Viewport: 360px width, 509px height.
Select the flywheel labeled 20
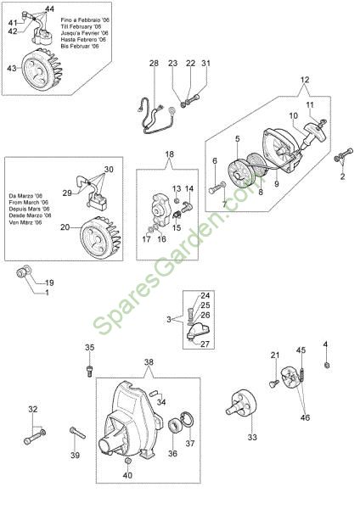click(x=100, y=238)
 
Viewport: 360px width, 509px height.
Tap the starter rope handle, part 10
click(x=312, y=134)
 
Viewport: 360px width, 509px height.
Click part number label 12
click(x=305, y=80)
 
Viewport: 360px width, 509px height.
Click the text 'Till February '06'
click(x=81, y=26)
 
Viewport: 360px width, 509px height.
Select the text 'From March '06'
click(x=29, y=203)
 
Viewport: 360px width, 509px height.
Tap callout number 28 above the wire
click(x=154, y=63)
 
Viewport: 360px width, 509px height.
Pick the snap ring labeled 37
click(x=188, y=421)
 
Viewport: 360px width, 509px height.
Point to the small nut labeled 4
click(x=327, y=365)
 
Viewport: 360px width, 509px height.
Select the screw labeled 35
click(x=89, y=371)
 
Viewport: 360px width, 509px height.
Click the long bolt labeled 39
click(x=77, y=433)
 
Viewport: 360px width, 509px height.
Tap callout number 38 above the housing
click(x=149, y=362)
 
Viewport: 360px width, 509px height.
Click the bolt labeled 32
click(x=35, y=436)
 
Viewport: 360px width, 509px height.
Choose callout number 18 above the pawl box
click(x=170, y=154)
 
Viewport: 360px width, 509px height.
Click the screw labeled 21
click(x=274, y=383)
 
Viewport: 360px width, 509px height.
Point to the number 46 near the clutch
click(x=305, y=417)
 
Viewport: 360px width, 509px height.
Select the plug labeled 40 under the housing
click(x=128, y=462)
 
